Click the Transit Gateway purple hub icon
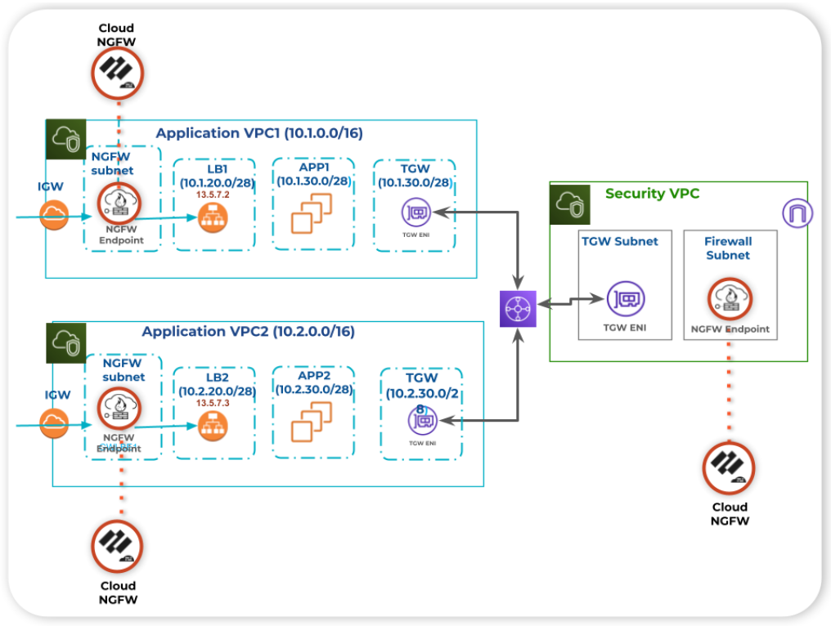click(518, 309)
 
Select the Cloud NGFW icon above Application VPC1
click(117, 73)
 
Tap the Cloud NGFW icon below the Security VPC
click(728, 468)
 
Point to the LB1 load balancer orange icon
click(213, 217)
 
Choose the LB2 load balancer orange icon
click(213, 425)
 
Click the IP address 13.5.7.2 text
click(213, 196)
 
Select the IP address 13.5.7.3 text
click(213, 404)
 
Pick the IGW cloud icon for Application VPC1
click(55, 216)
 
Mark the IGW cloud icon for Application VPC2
click(55, 423)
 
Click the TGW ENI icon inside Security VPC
click(625, 300)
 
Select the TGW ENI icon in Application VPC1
click(415, 213)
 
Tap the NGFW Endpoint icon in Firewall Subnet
click(728, 299)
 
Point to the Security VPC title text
click(652, 194)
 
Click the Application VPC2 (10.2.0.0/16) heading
click(248, 332)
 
